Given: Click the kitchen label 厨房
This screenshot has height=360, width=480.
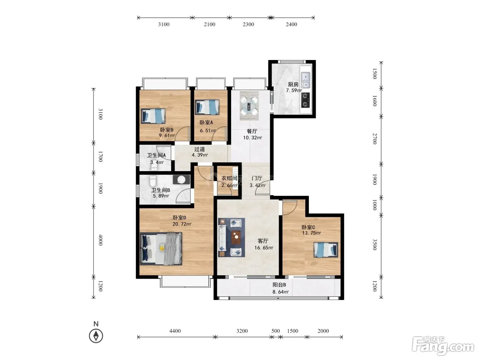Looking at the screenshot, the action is click(x=293, y=84).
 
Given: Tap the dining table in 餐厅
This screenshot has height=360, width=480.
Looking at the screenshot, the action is click(x=249, y=106).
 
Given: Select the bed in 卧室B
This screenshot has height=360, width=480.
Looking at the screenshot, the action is click(x=153, y=116).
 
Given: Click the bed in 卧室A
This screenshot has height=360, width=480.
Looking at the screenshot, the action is click(x=207, y=107).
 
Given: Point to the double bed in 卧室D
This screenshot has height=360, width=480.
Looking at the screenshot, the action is click(x=161, y=249).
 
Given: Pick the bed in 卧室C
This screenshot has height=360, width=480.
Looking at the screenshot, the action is click(x=326, y=250).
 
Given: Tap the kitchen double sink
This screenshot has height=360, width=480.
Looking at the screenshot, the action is click(x=305, y=80).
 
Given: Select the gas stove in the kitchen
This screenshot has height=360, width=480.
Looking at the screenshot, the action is click(x=305, y=100).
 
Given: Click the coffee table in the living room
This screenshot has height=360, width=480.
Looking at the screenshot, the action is click(x=236, y=237).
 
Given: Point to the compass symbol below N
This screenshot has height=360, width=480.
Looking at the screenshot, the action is click(x=96, y=336).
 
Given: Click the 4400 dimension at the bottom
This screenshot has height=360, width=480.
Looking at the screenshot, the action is click(x=175, y=331).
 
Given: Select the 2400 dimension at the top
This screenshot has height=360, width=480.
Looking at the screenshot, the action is click(x=291, y=24).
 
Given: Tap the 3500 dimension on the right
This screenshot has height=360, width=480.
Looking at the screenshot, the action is click(x=375, y=244).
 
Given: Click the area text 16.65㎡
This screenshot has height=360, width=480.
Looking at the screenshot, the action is click(x=264, y=248).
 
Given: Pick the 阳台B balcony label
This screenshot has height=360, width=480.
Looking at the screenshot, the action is click(x=279, y=285).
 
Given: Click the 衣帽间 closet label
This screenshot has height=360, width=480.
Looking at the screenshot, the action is click(x=229, y=178).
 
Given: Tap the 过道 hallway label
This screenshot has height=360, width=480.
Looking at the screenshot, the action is click(x=200, y=149).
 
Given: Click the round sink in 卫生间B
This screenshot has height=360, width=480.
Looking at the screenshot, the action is click(x=181, y=180).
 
